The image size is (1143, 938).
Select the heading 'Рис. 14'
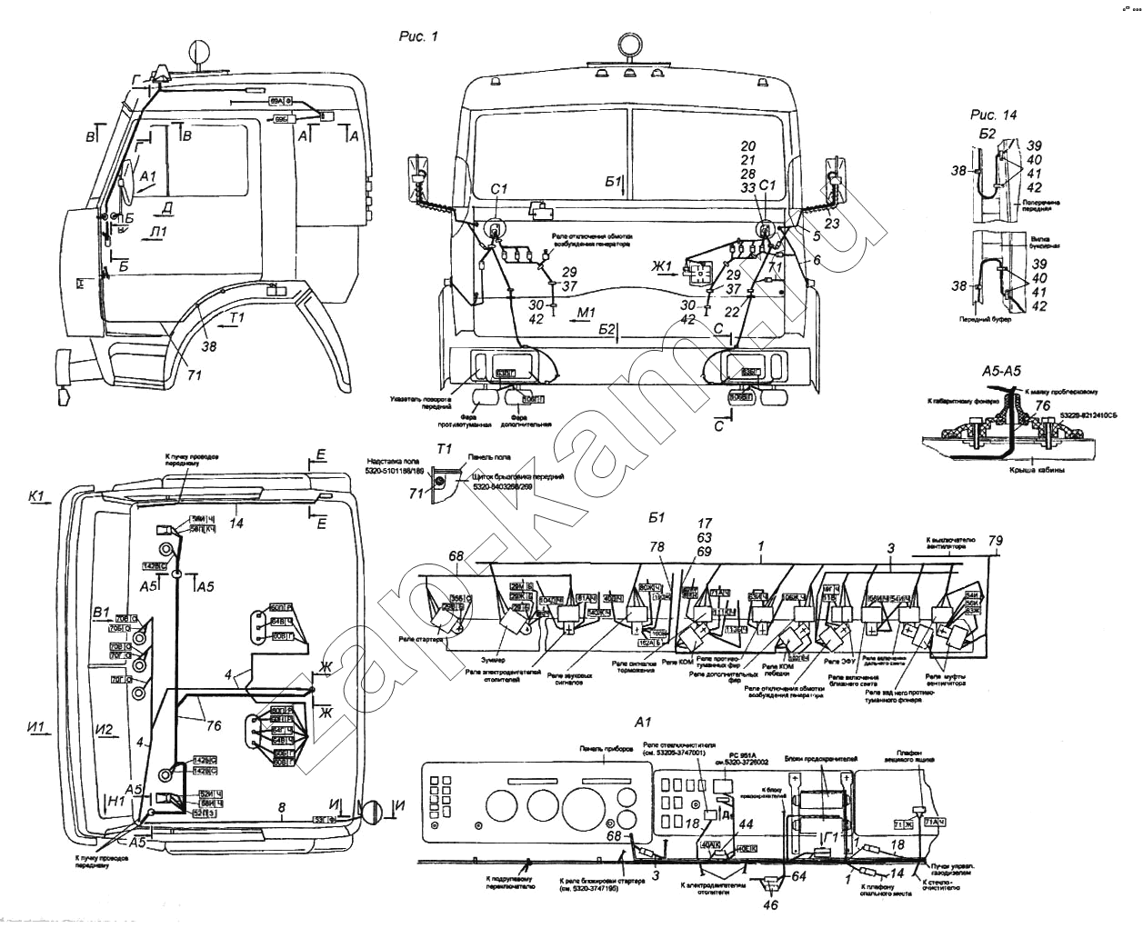click(x=994, y=115)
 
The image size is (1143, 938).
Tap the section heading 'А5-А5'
click(x=1004, y=372)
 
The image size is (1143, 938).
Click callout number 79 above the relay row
click(x=996, y=543)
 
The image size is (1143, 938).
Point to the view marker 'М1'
click(x=587, y=313)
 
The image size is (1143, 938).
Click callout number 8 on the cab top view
click(x=282, y=806)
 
